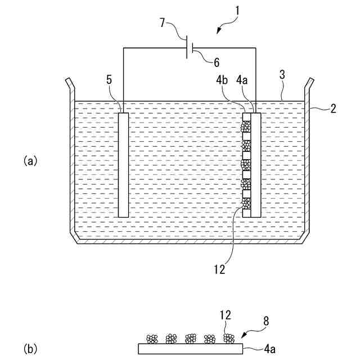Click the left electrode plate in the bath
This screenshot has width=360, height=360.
click(123, 164)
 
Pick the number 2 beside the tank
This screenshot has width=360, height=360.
click(333, 108)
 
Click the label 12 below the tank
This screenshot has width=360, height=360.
click(219, 269)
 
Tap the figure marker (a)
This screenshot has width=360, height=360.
click(30, 161)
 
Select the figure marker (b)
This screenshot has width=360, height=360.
click(30, 349)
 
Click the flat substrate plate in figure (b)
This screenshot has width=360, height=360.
click(190, 349)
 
